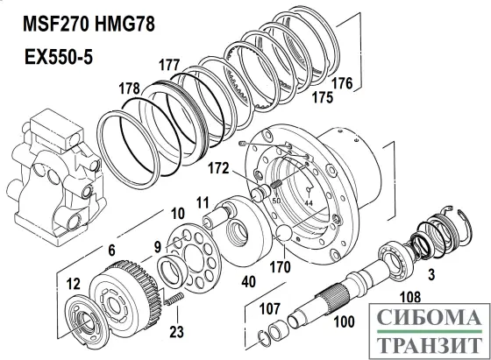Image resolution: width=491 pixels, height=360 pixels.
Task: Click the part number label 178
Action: click(129, 88)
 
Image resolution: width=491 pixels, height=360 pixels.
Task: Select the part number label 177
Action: click(169, 65)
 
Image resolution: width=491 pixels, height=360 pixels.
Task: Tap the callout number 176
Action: click(342, 83)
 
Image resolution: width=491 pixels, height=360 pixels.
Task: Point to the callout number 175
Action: click(323, 97)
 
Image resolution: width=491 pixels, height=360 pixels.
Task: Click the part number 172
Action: click(218, 168)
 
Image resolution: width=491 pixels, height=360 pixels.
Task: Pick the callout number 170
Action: click(280, 267)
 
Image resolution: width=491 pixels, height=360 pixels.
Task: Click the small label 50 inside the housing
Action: click(276, 201)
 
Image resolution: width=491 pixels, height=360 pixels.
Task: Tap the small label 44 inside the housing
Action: click(309, 203)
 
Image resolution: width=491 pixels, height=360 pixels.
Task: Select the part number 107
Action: click(270, 309)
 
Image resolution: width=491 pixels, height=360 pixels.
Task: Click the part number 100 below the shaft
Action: click(344, 321)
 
